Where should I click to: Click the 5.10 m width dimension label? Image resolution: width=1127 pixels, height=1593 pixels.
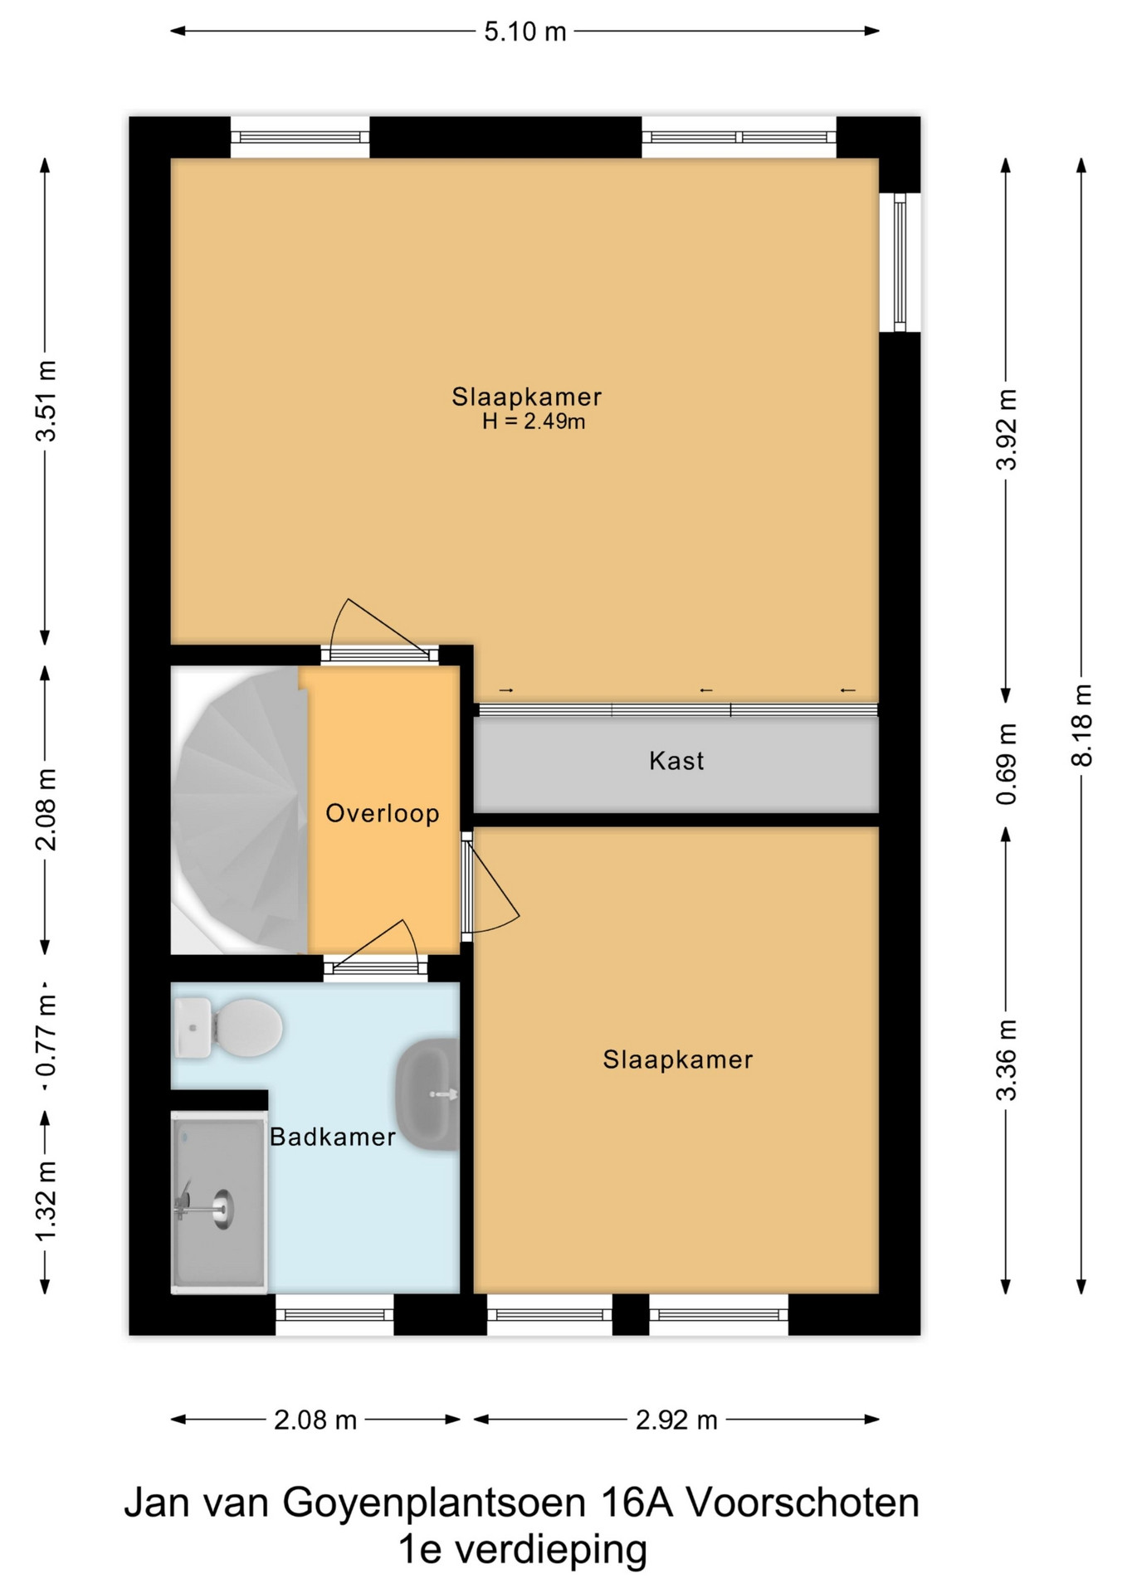(x=525, y=32)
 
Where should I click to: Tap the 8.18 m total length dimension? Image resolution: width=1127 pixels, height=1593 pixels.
(x=1081, y=725)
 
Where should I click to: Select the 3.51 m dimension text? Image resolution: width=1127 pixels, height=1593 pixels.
(x=46, y=402)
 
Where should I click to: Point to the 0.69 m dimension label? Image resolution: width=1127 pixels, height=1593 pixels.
(x=1006, y=763)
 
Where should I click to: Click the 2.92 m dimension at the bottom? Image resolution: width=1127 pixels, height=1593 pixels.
(x=676, y=1420)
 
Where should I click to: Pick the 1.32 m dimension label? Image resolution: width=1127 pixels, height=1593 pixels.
(x=46, y=1201)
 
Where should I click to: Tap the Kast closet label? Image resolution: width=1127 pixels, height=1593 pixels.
(x=676, y=761)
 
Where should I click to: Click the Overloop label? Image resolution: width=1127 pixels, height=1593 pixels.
(x=383, y=813)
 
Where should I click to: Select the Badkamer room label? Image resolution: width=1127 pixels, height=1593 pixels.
(x=333, y=1137)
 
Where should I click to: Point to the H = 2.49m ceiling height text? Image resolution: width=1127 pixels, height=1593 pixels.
(x=534, y=421)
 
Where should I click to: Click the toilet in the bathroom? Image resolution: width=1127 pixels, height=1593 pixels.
(x=227, y=1027)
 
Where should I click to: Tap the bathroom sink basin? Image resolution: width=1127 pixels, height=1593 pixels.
(x=427, y=1094)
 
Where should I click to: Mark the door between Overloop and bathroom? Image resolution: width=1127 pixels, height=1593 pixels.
(x=376, y=950)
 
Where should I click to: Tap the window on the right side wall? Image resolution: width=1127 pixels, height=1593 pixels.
(x=900, y=262)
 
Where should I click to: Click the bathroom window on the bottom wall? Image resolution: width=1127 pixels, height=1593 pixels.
(x=334, y=1314)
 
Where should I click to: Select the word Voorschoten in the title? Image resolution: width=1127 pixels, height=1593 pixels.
(x=803, y=1503)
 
